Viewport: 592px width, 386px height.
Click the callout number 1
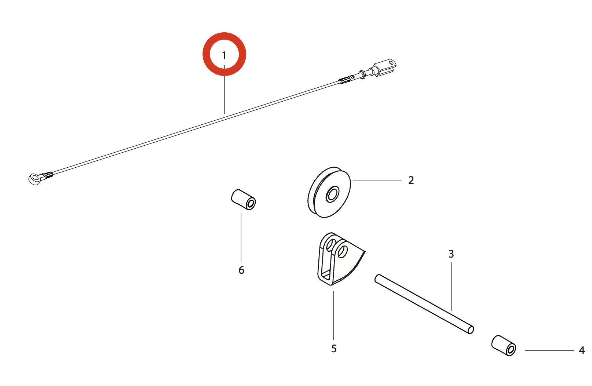point(224,55)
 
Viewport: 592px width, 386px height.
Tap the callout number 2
point(411,180)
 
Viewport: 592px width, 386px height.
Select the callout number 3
point(451,254)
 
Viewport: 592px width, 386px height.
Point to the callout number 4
point(581,350)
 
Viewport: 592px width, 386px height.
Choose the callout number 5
point(334,349)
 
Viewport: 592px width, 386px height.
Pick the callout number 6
point(241,270)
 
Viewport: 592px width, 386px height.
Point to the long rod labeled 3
point(424,304)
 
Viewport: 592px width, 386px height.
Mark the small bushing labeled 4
point(504,346)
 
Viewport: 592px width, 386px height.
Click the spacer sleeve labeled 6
point(244,200)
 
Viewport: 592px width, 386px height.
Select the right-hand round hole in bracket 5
point(343,252)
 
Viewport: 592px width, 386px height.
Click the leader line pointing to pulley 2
point(377,180)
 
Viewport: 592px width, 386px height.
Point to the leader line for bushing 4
point(549,350)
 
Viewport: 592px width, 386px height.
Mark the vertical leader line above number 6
point(241,237)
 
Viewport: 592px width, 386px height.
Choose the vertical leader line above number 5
point(333,316)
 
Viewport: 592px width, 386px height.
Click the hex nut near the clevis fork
point(362,74)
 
